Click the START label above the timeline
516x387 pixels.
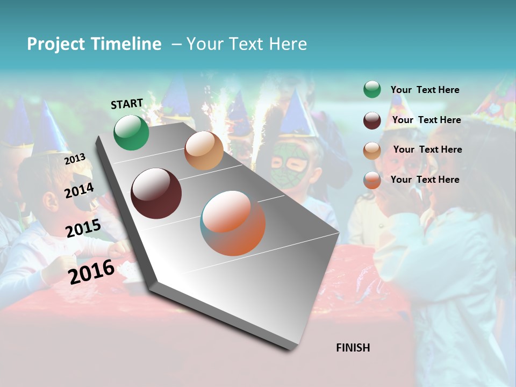[x=127, y=104]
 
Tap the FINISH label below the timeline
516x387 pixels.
[x=353, y=348]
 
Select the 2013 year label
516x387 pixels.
[x=75, y=159]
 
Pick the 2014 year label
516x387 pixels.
[x=79, y=190]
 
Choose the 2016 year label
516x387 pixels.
[x=91, y=271]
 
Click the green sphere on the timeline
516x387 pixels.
[x=131, y=132]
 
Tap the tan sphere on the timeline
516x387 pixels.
[x=204, y=150]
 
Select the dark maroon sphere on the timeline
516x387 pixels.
[x=156, y=193]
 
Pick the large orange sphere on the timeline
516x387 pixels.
[x=233, y=223]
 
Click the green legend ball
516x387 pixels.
[x=372, y=89]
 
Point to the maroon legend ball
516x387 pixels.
[x=372, y=120]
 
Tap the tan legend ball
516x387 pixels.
[x=372, y=150]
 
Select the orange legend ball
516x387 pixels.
[x=372, y=180]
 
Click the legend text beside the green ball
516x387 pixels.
[x=425, y=90]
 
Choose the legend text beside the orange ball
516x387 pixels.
[x=425, y=180]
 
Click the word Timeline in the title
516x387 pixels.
[x=126, y=44]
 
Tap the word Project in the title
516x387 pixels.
[x=55, y=44]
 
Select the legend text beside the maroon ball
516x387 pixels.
[x=426, y=120]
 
